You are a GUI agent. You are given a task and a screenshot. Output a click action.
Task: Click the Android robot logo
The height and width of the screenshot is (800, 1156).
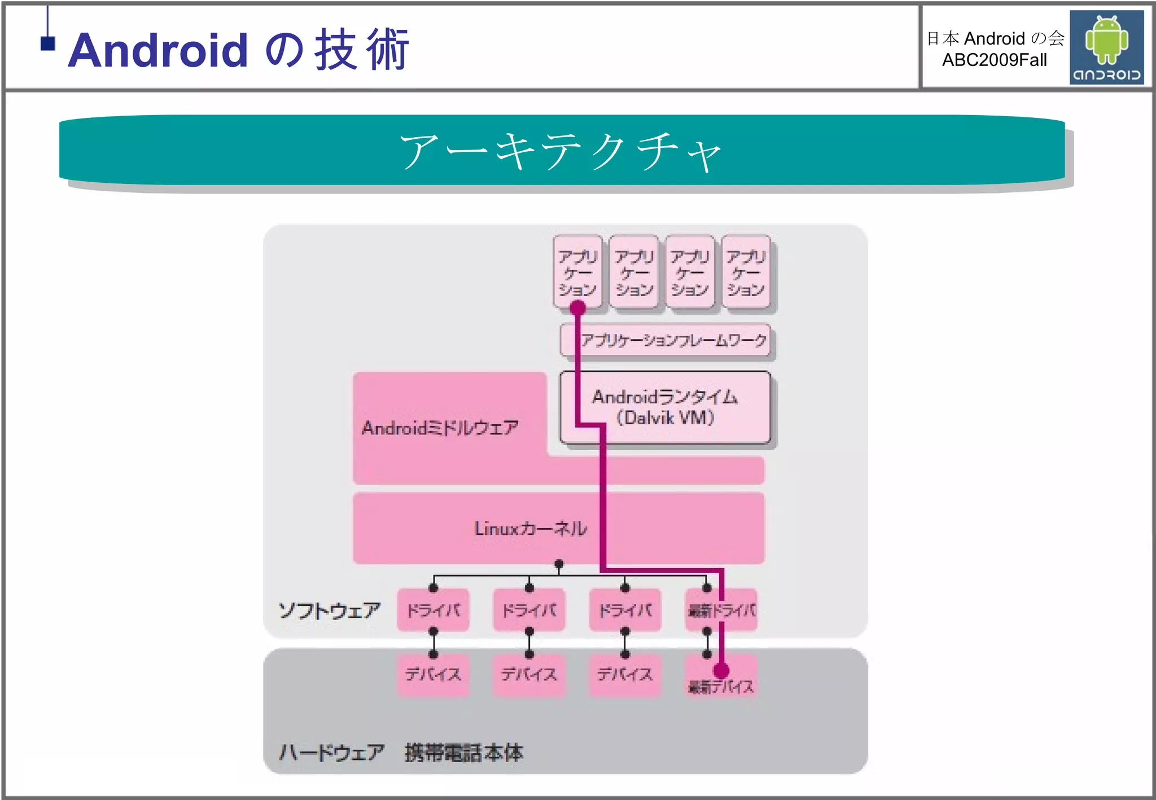point(1106,47)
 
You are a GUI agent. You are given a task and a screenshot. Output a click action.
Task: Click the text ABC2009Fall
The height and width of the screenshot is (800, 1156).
point(994,60)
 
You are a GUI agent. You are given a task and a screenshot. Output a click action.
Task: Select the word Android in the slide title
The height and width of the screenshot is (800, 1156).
point(158,50)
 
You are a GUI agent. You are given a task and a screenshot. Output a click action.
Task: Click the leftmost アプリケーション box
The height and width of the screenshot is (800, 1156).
point(577,272)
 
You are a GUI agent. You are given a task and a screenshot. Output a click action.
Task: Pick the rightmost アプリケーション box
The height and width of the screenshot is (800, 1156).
point(746,273)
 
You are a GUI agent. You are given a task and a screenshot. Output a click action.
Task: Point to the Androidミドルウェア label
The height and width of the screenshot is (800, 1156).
point(440,428)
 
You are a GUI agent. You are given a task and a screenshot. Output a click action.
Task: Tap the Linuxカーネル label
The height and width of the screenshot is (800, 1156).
point(531,529)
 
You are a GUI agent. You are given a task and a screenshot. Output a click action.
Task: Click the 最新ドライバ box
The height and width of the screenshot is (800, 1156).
point(721,610)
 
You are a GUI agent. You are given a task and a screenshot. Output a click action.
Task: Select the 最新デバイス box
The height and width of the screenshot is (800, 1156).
point(720,680)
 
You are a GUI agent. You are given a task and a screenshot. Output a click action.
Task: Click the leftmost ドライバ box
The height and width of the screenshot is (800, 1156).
point(433,610)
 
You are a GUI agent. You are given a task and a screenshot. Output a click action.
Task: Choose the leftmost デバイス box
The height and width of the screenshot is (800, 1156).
point(433,674)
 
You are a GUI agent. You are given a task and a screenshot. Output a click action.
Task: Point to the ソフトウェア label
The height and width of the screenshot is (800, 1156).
point(329,610)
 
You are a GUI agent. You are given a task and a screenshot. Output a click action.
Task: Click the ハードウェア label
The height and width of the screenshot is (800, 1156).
point(332,752)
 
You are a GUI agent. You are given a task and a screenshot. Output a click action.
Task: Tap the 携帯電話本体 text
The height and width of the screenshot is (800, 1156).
point(464,752)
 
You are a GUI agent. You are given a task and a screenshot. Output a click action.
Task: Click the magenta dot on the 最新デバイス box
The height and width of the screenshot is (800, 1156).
point(721,670)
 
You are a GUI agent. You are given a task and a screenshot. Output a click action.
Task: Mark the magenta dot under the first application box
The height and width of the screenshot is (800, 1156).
point(577,308)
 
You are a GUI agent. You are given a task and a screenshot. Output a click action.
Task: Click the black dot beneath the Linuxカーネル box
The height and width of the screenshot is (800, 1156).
point(559,564)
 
